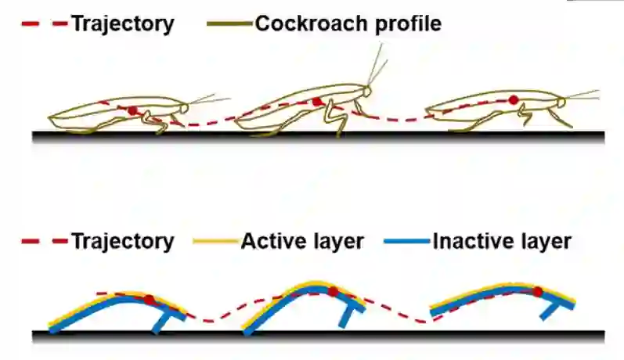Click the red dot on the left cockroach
click(x=133, y=111)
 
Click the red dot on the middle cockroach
click(x=316, y=102)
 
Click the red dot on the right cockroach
click(x=514, y=100)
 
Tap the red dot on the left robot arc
click(x=150, y=299)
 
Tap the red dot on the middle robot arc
click(x=333, y=292)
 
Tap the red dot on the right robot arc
click(x=538, y=292)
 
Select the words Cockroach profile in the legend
click(x=348, y=24)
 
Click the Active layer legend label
click(x=302, y=241)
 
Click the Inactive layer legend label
click(x=502, y=241)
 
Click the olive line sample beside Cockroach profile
click(x=229, y=24)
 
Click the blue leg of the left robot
click(x=166, y=319)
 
